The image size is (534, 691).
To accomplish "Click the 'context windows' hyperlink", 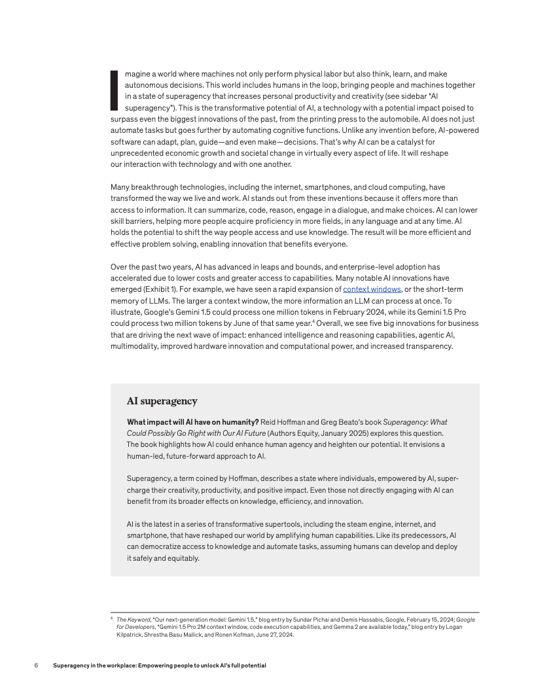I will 372,289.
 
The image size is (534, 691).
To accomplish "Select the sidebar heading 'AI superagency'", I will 162,401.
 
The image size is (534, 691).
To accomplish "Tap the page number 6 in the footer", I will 37,665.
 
